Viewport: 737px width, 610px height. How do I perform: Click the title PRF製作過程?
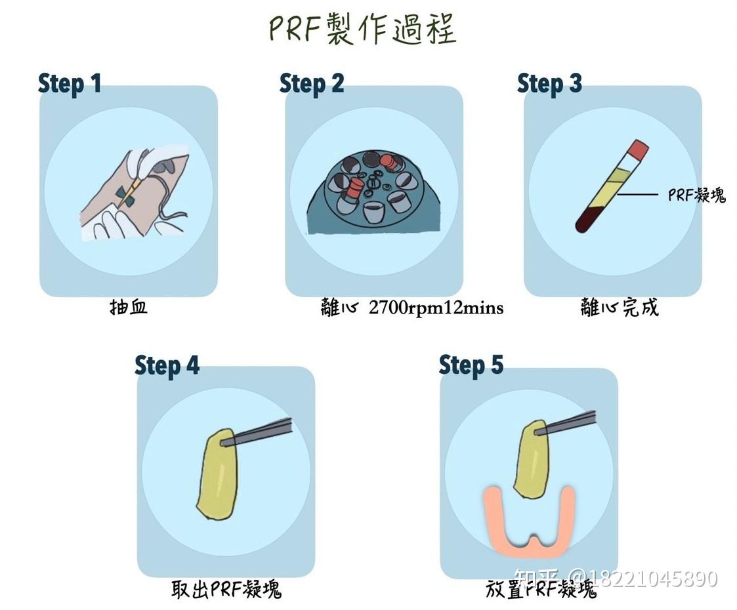pos(362,30)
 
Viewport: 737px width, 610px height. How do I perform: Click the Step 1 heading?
pos(70,84)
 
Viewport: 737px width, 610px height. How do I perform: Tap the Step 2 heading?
pos(311,84)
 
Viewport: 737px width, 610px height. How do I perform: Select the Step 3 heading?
pos(549,84)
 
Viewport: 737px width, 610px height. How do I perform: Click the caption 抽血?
pos(129,307)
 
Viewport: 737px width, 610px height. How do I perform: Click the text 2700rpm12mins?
pos(436,308)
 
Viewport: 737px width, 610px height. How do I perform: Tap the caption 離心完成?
pos(619,307)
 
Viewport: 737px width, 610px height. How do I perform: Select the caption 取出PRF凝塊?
pos(226,588)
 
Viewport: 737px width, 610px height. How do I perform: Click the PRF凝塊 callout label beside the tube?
pos(696,195)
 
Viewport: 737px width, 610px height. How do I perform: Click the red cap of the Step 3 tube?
pos(637,149)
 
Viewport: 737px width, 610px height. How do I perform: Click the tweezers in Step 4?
pos(263,432)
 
